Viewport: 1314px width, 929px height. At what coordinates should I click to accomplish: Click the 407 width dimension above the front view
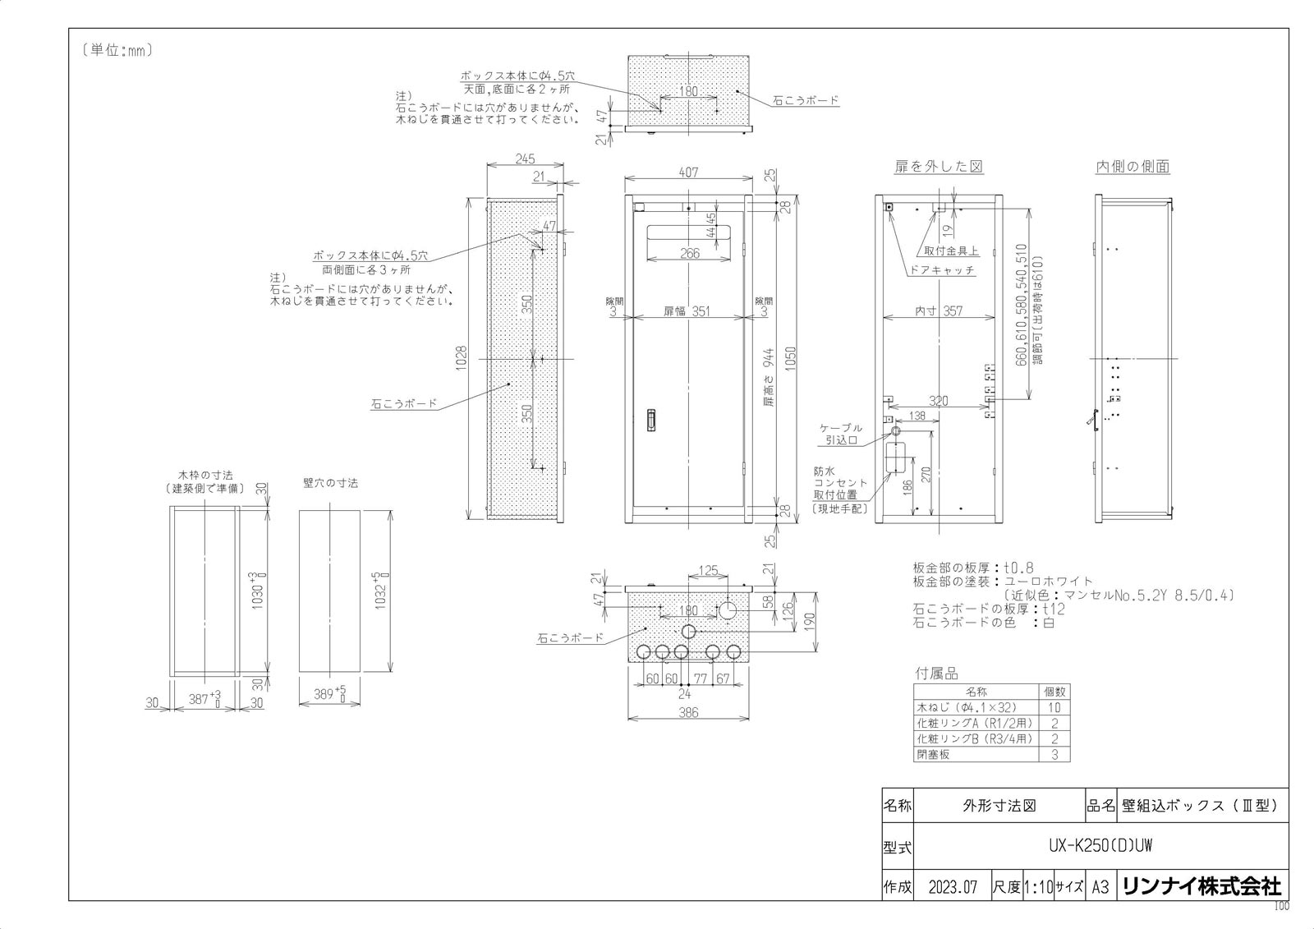pos(688,172)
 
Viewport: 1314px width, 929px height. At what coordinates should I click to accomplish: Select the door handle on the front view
pos(651,419)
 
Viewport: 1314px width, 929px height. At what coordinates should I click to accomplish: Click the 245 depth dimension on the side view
pos(525,159)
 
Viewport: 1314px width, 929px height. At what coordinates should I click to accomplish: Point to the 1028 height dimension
pos(462,356)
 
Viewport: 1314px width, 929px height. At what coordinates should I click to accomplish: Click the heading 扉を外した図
pos(939,167)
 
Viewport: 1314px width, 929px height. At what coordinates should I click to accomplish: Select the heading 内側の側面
pos(1133,167)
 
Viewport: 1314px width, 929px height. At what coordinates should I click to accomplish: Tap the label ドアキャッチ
pos(942,270)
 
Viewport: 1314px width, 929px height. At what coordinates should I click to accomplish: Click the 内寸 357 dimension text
pos(939,311)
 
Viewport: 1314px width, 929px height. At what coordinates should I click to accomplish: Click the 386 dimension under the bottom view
pos(688,713)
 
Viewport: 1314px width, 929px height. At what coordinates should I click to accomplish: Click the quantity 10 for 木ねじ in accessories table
pos(1054,707)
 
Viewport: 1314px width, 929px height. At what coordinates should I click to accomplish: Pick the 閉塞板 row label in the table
pos(933,754)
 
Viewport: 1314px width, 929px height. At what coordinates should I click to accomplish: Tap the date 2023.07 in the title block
pos(953,887)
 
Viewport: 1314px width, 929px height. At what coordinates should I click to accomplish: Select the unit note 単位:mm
pos(117,50)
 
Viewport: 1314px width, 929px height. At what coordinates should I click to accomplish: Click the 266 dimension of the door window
pos(690,254)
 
